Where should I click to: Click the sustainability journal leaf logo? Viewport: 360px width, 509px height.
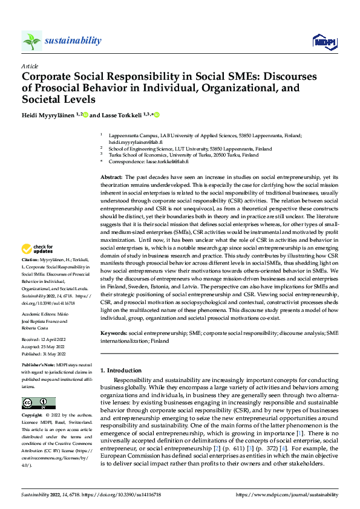pos(32,41)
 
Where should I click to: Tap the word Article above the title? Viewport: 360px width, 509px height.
pos(30,66)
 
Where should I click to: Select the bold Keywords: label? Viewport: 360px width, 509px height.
pos(113,333)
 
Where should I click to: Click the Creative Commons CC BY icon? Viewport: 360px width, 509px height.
pos(38,403)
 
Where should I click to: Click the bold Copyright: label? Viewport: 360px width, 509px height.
pos(33,417)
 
